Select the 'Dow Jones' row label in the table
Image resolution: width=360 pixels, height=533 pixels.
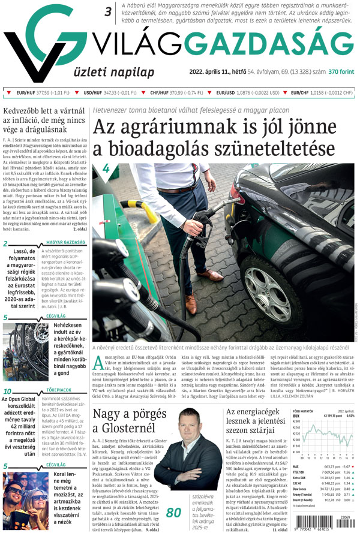coord(301,489)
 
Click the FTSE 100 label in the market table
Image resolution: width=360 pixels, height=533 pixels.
coord(300,472)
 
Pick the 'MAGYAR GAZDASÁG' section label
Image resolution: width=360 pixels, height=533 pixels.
coord(65,243)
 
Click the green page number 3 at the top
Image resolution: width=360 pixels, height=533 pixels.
coord(108,11)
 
